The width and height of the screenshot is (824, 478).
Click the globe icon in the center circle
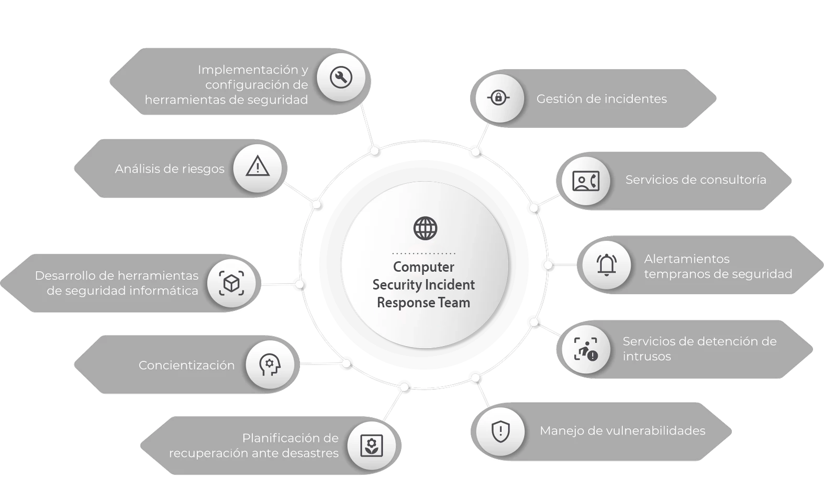tap(425, 228)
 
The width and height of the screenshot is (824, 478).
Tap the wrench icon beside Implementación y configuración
tap(341, 77)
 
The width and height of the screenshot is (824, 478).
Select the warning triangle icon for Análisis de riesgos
tap(258, 168)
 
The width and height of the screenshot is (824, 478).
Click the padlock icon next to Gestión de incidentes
tap(498, 98)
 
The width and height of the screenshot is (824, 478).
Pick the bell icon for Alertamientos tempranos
tap(607, 264)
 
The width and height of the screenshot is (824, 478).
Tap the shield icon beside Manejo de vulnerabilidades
tap(500, 431)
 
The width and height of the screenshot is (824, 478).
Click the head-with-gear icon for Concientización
tap(270, 365)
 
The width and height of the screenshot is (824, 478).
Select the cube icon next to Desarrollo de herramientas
tap(231, 283)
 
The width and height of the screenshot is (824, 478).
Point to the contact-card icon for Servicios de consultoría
tap(586, 181)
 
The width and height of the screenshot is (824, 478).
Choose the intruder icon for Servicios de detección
tap(586, 349)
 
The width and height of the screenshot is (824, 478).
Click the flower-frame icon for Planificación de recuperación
tap(371, 446)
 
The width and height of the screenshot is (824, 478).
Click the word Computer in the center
tap(424, 267)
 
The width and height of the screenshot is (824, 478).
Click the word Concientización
tap(186, 365)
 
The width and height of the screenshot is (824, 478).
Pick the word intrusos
tap(647, 357)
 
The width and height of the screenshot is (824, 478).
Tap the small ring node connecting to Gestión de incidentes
tap(475, 152)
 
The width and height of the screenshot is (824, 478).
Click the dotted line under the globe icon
tap(424, 253)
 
